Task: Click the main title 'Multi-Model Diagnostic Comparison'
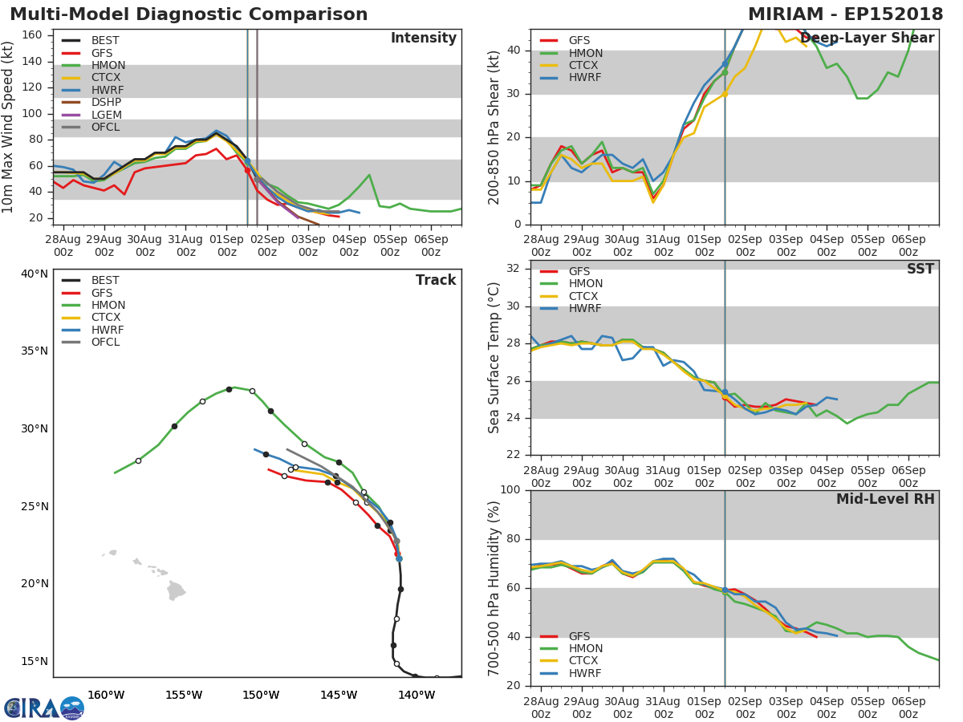pyautogui.click(x=189, y=14)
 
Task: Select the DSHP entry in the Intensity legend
pyautogui.click(x=106, y=103)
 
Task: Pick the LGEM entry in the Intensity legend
pyautogui.click(x=106, y=115)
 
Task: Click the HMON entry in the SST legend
pyautogui.click(x=586, y=284)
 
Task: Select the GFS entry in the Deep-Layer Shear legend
pyautogui.click(x=579, y=41)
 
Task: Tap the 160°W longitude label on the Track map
pyautogui.click(x=105, y=695)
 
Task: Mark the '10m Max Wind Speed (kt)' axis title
pyautogui.click(x=9, y=127)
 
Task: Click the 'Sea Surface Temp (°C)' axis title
pyautogui.click(x=494, y=358)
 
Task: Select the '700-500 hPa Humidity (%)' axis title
pyautogui.click(x=494, y=588)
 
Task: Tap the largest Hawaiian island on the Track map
pyautogui.click(x=176, y=592)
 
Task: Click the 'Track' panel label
pyautogui.click(x=435, y=280)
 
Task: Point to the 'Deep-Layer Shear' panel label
pyautogui.click(x=867, y=39)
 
